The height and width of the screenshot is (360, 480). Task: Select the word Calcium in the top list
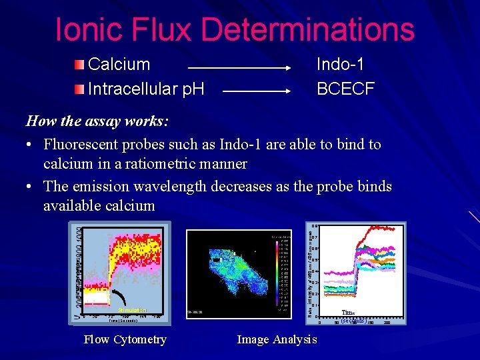pos(119,65)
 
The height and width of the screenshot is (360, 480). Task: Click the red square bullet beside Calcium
pos(80,65)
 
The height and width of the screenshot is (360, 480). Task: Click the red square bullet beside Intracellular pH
pos(80,88)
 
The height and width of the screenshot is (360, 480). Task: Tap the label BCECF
pos(345,88)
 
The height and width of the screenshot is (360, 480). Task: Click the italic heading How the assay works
pos(97,121)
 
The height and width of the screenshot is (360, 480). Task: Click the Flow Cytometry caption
pos(125,339)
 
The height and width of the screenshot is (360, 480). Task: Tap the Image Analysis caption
pos(277,339)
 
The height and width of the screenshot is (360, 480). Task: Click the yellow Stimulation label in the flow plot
pos(132,310)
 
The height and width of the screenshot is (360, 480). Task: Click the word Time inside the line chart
pos(348,313)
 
